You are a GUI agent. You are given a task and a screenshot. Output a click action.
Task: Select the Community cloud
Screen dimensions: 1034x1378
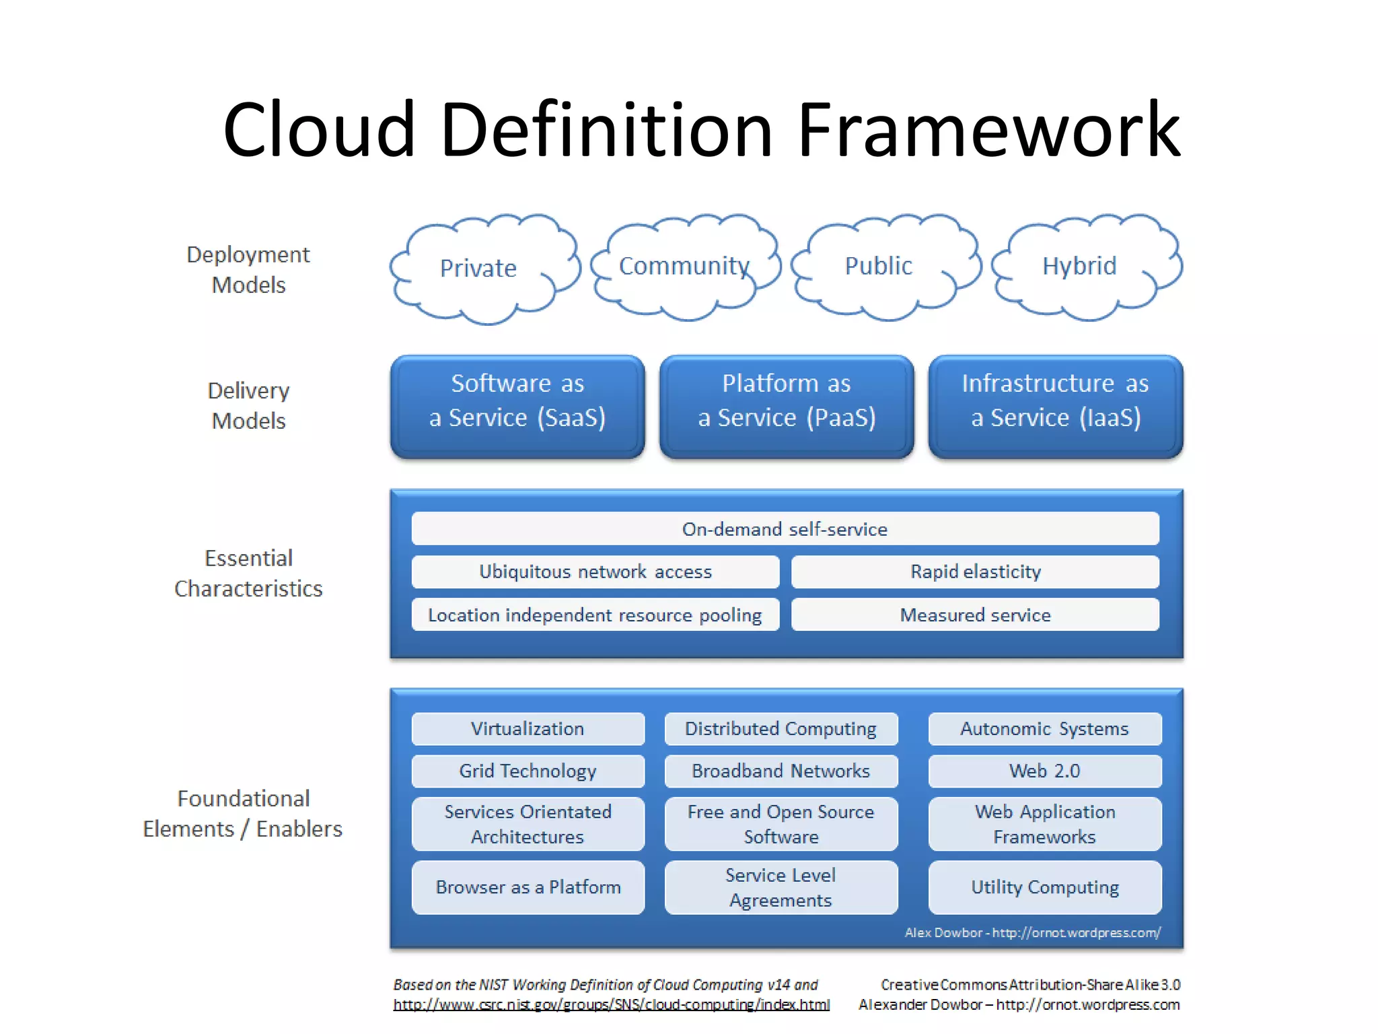(684, 266)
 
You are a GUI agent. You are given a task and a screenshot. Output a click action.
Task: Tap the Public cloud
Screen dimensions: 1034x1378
(879, 266)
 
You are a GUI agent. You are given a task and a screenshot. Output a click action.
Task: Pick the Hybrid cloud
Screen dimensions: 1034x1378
(1079, 266)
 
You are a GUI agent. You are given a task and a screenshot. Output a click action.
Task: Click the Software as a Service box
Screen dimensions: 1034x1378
(517, 406)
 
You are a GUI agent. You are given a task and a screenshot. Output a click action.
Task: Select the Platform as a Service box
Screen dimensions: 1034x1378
(786, 406)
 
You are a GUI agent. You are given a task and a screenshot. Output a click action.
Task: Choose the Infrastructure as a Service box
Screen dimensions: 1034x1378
(1055, 406)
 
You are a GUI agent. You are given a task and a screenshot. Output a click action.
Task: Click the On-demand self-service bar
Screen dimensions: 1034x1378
(785, 528)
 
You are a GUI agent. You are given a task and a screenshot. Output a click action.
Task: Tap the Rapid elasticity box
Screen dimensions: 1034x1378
(975, 572)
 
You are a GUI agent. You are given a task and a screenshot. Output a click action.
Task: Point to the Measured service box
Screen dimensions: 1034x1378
(975, 615)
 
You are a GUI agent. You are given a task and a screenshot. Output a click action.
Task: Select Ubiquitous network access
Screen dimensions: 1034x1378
(595, 572)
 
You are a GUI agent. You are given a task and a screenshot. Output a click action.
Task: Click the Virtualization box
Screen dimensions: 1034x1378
(528, 728)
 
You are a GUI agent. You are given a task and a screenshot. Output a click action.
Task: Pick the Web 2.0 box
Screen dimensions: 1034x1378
(1044, 771)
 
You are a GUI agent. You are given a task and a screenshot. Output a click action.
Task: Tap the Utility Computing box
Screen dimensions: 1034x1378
(1044, 887)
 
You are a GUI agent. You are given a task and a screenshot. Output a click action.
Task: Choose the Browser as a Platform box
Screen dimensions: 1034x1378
(528, 887)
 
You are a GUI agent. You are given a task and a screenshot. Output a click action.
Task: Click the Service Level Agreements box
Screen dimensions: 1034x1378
(781, 887)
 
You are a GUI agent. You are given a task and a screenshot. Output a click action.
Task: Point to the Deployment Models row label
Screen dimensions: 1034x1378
(248, 269)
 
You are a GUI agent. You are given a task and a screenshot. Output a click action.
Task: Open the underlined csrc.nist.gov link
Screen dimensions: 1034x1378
(611, 1005)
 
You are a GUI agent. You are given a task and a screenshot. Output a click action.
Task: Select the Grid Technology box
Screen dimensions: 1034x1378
(528, 771)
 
